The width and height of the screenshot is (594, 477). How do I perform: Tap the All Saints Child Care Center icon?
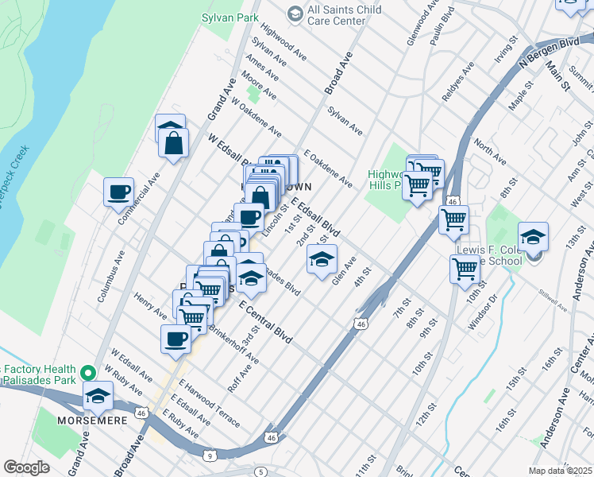(295, 13)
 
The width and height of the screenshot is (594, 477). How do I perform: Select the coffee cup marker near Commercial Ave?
(119, 192)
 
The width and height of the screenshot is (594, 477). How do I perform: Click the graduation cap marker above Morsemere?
(98, 395)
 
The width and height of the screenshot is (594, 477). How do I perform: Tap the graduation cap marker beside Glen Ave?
(321, 260)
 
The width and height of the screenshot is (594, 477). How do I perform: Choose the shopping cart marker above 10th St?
(465, 269)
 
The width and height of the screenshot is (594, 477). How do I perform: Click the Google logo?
(27, 467)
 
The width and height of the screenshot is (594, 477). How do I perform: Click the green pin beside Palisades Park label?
(90, 370)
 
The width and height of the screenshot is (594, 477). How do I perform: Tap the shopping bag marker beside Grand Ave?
(172, 144)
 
